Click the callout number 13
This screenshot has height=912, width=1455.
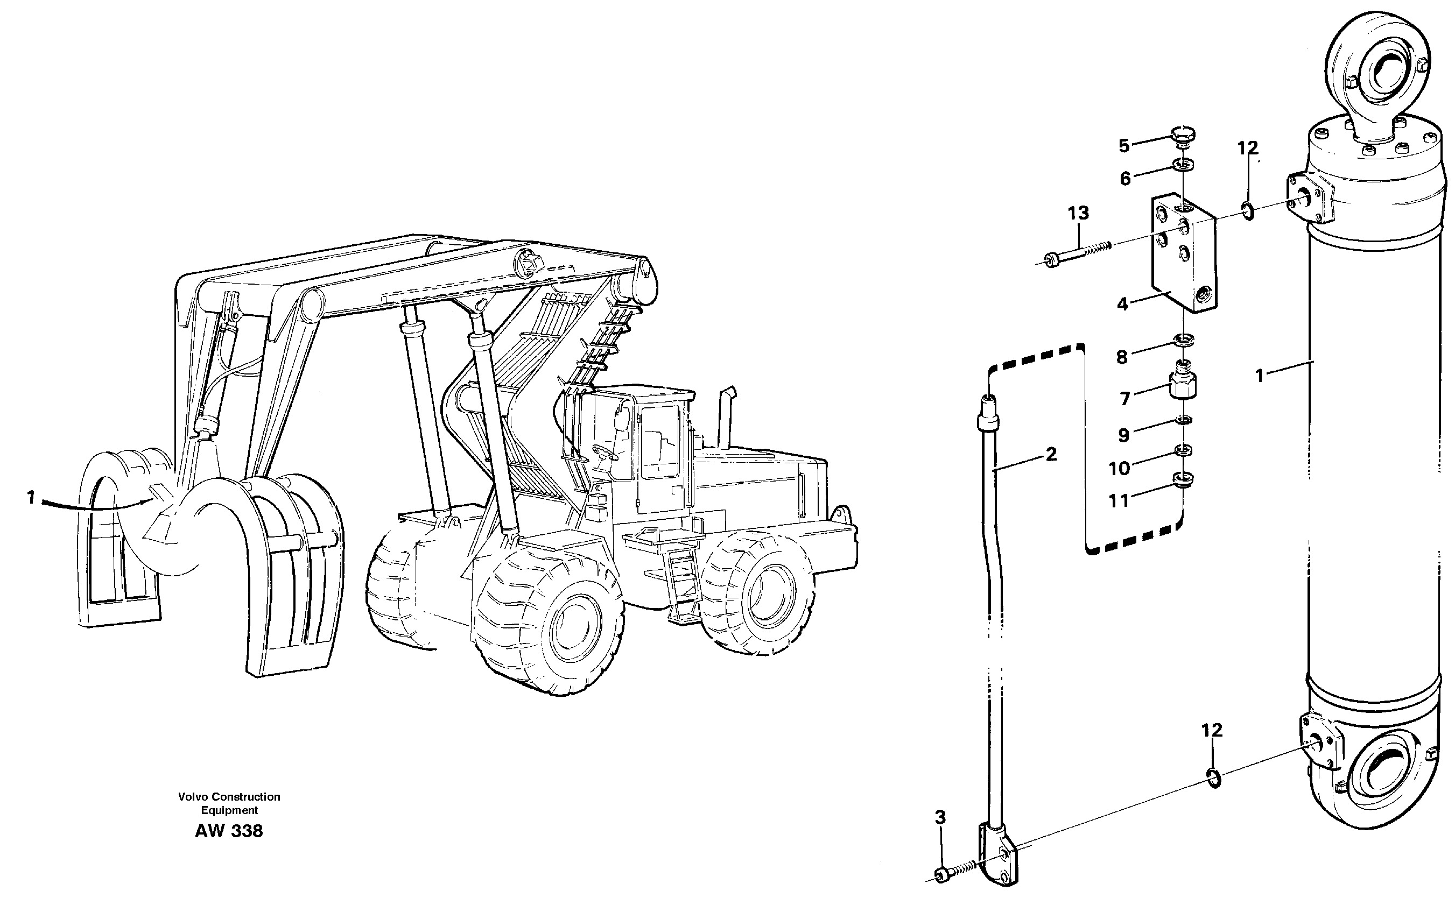[1078, 213]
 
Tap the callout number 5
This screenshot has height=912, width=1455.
[1124, 145]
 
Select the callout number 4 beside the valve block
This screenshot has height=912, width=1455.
[1122, 304]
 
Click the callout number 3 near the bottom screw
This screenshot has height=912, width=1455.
[940, 818]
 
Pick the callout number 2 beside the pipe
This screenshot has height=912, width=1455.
[1051, 454]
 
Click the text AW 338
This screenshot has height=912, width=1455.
[229, 831]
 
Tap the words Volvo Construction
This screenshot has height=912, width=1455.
[229, 797]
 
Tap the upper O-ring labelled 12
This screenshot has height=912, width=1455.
[1248, 211]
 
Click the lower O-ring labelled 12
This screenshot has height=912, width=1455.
[1215, 779]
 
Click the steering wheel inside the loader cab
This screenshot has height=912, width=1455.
[602, 451]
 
